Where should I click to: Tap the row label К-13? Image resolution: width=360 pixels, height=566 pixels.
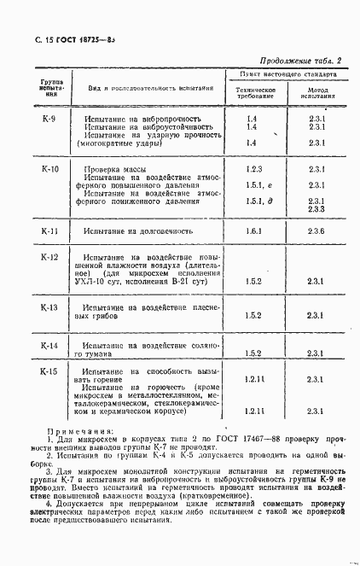49,306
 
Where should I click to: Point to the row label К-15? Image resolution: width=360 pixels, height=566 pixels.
49,372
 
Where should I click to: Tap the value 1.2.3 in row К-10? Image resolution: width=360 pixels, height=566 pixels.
253,170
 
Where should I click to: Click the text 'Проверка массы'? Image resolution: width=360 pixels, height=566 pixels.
115,170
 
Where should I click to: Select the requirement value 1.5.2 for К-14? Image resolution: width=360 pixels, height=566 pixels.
253,353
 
